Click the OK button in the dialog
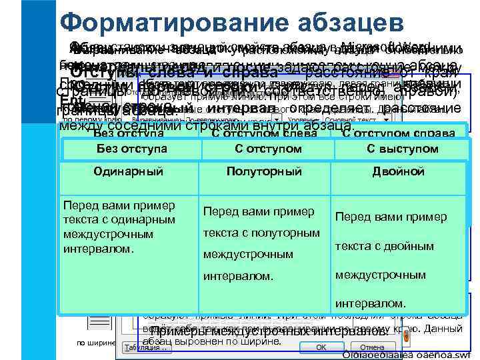point(321,347)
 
